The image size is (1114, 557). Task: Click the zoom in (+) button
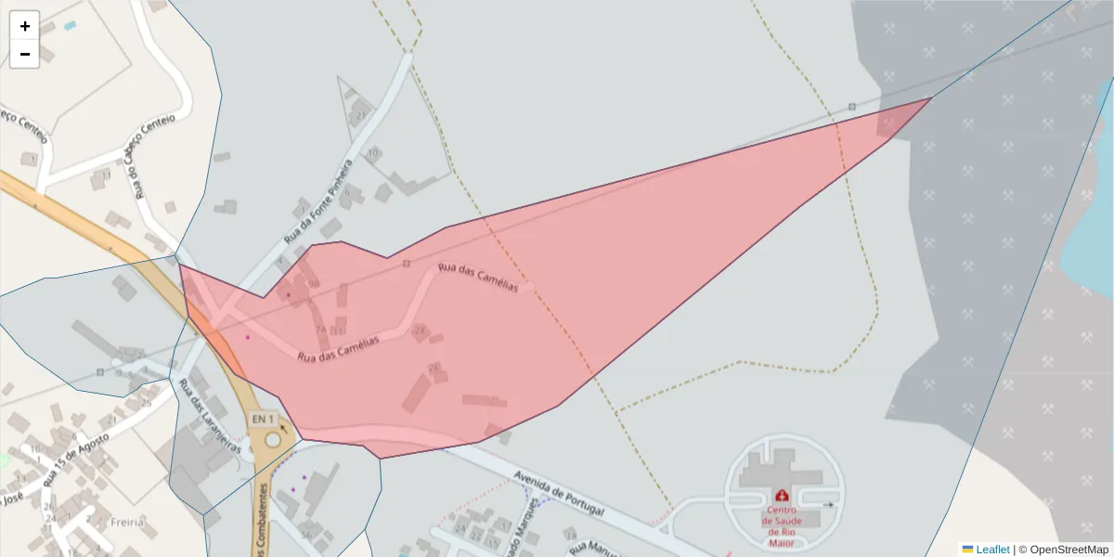coord(25,26)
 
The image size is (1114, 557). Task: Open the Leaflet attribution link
coord(991,550)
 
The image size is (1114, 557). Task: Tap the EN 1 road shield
coord(265,419)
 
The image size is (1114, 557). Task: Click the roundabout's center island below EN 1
coord(272,440)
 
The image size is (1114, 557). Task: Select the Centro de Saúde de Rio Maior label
coord(781,521)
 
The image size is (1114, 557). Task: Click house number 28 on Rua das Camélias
coord(420,330)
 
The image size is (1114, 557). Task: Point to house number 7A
coord(320,330)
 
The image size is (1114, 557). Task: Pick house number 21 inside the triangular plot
coord(360,115)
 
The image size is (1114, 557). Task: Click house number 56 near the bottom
coord(305,535)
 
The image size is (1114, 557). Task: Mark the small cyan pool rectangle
coord(70,25)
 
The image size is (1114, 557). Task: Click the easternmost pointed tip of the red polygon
coord(932,97)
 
